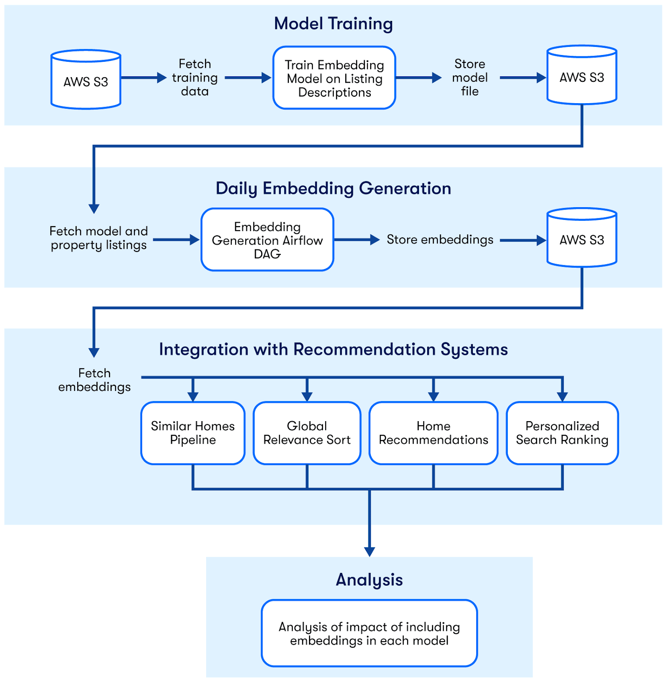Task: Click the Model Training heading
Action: [x=333, y=24]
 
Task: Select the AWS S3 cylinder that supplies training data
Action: [x=86, y=80]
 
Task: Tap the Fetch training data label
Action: [x=195, y=78]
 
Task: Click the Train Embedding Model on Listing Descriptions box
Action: [x=335, y=78]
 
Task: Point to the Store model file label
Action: [x=470, y=78]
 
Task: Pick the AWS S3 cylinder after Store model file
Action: [x=582, y=75]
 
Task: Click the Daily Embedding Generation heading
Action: [x=333, y=188]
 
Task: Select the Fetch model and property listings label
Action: [x=99, y=238]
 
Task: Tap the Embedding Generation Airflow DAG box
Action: [x=268, y=240]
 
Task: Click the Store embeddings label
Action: [x=440, y=240]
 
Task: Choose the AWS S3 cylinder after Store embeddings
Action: [x=582, y=238]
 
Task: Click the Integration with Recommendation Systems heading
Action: [x=333, y=350]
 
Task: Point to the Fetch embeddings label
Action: [x=94, y=380]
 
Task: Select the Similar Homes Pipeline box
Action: [x=193, y=433]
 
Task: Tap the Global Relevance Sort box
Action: [x=307, y=433]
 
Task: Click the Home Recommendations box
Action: [x=434, y=433]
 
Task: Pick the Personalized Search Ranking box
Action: [x=562, y=433]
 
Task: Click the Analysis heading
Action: [x=370, y=580]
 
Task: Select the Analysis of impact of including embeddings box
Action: [x=370, y=633]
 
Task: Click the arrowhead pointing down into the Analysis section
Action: [x=370, y=552]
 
